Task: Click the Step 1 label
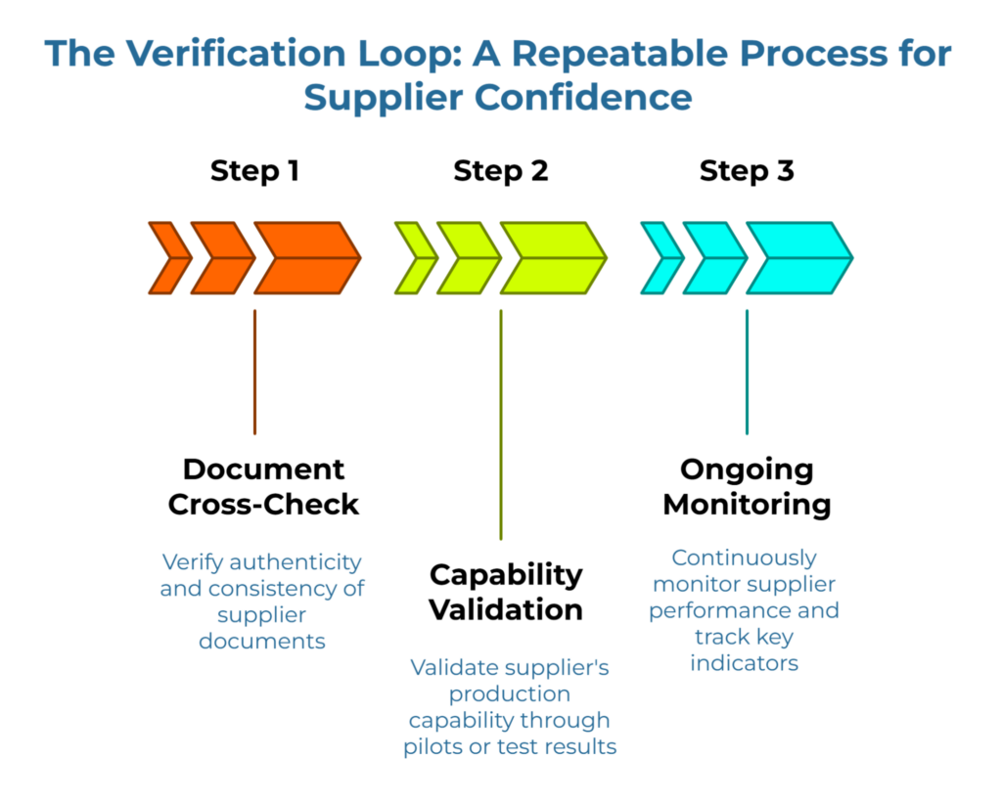[x=254, y=171]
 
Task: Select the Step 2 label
[x=500, y=171]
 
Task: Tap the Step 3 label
[x=747, y=171]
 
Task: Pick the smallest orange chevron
[x=168, y=258]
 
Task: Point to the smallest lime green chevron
[x=414, y=258]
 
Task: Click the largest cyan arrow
[x=798, y=258]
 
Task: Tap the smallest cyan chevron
[x=660, y=258]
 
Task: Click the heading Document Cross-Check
[x=263, y=486]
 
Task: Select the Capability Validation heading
[x=506, y=592]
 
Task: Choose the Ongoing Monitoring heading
[x=747, y=486]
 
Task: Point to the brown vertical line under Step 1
[x=254, y=372]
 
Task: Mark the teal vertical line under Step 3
[x=747, y=372]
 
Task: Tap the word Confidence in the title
[x=589, y=99]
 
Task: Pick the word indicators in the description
[x=744, y=663]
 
